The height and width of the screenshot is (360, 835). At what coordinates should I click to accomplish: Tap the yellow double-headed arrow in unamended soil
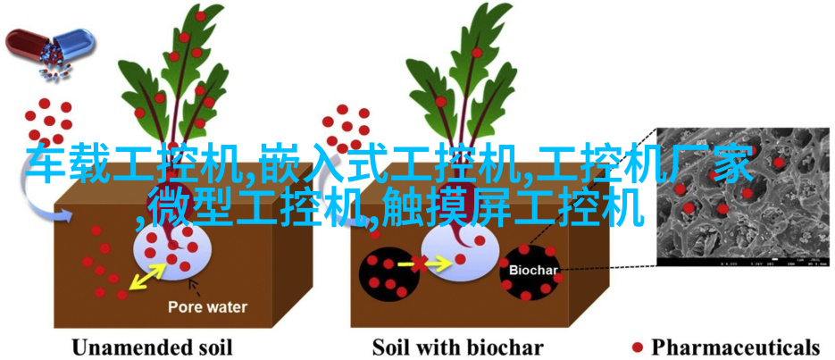coord(148,276)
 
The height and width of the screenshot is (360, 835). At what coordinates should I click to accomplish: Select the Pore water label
coord(208,307)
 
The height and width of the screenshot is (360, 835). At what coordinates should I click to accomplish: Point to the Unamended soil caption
coord(152,347)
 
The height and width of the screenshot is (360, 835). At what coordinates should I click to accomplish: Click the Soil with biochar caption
coord(457,347)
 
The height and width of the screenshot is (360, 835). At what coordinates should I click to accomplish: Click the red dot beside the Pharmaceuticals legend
coord(637,347)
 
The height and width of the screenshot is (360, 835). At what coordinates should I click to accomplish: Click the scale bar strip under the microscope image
coord(743,262)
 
